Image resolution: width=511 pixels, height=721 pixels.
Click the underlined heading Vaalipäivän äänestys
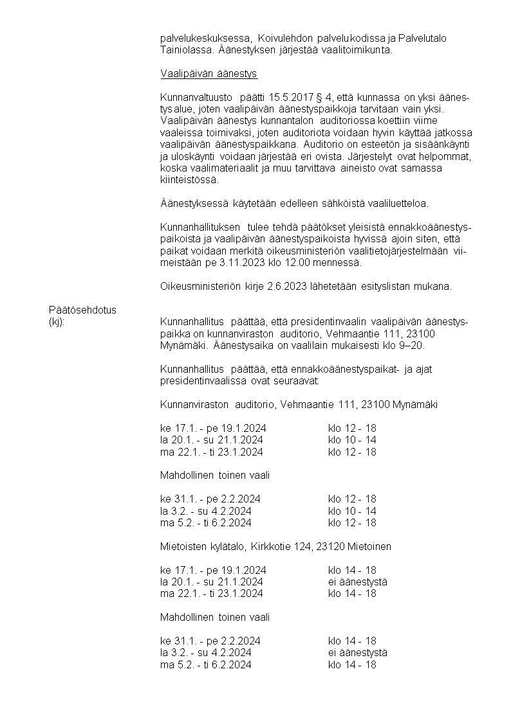(x=209, y=74)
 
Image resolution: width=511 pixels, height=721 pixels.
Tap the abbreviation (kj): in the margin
(x=57, y=322)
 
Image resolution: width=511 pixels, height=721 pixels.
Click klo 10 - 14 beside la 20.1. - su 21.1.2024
(x=352, y=440)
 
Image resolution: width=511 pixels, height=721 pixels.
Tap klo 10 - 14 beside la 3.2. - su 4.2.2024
(x=352, y=511)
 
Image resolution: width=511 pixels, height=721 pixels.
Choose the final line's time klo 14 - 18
(x=352, y=664)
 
